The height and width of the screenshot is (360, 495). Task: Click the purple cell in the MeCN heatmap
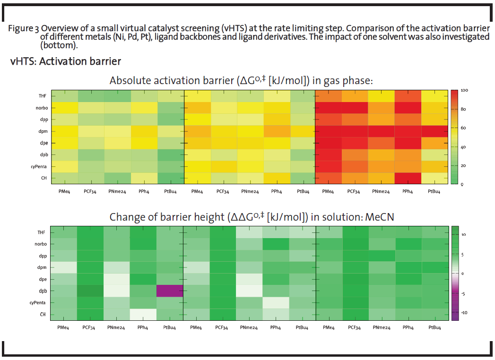tap(170, 291)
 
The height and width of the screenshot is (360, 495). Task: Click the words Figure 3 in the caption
tap(24, 28)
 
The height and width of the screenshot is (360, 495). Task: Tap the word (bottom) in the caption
tap(59, 45)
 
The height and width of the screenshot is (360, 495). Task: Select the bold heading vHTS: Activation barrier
tap(66, 62)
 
